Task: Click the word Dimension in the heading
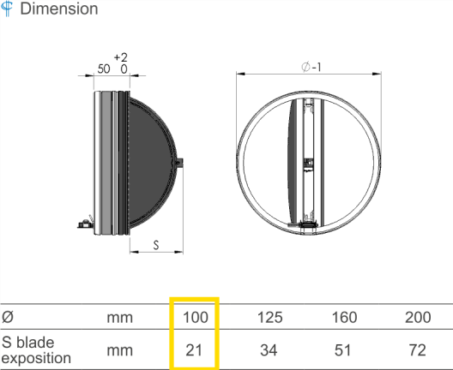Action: (x=59, y=9)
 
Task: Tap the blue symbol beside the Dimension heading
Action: (x=7, y=9)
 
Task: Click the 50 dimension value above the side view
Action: (x=104, y=69)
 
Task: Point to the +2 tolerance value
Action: (x=121, y=57)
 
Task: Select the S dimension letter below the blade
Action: (x=156, y=245)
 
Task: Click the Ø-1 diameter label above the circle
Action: (x=311, y=67)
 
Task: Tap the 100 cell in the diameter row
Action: (x=196, y=317)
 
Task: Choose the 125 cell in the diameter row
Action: (x=270, y=317)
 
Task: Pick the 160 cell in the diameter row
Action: (x=344, y=317)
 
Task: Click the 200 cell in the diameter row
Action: (x=418, y=317)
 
